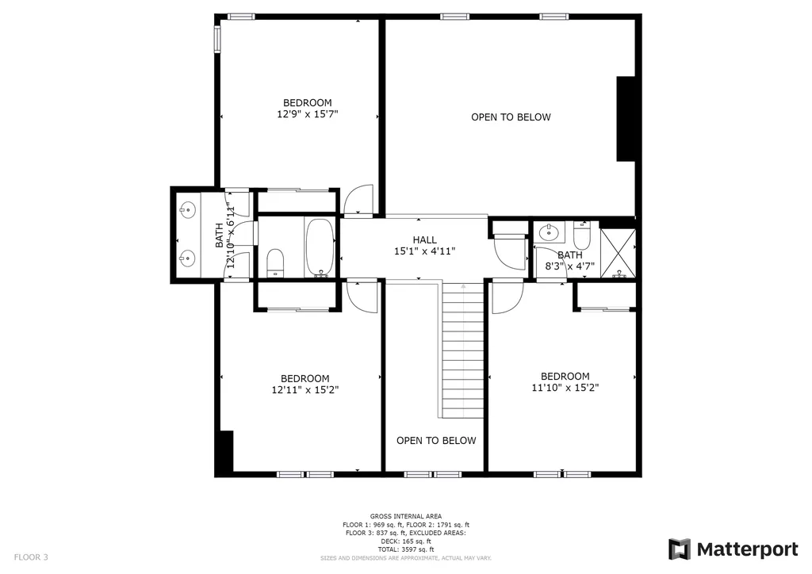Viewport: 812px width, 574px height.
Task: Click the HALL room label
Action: [425, 239]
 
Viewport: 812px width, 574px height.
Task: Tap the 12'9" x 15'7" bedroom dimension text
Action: [308, 114]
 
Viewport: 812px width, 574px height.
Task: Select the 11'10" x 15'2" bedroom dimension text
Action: [565, 388]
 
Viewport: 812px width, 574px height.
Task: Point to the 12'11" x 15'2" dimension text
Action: [305, 390]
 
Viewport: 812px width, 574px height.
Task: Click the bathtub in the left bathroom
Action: [320, 247]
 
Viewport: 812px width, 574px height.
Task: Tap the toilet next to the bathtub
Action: [275, 263]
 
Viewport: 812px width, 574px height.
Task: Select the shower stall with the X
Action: [618, 253]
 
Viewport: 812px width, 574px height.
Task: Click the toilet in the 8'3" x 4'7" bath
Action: [581, 235]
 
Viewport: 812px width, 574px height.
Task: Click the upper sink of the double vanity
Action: [186, 210]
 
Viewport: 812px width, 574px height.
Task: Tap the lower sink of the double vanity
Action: [186, 257]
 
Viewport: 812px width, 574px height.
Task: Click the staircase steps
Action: [463, 350]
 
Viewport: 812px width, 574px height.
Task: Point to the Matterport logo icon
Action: [680, 549]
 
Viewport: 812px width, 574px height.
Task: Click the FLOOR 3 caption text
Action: [31, 557]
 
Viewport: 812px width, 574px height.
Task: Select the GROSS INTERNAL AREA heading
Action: [406, 516]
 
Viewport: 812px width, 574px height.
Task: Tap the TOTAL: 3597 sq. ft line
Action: [406, 549]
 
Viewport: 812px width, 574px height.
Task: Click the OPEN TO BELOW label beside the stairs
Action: [436, 441]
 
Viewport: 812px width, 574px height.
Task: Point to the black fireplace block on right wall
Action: [626, 119]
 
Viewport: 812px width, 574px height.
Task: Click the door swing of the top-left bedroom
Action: [359, 199]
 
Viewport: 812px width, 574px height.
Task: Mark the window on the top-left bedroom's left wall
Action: [217, 40]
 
